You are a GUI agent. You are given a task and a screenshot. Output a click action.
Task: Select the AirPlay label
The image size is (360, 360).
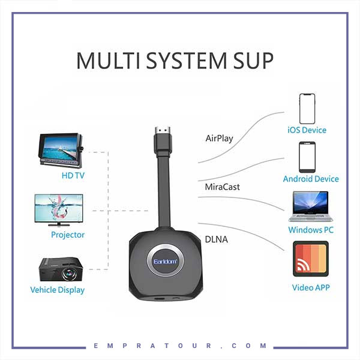pyautogui.click(x=219, y=138)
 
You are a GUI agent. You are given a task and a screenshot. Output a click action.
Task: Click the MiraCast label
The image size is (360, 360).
pyautogui.click(x=222, y=187)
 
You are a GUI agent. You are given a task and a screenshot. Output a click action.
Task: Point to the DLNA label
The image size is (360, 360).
pyautogui.click(x=216, y=240)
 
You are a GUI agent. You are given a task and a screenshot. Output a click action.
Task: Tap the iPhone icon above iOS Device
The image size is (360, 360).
pyautogui.click(x=307, y=108)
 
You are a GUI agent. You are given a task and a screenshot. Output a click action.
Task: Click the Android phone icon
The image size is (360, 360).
pyautogui.click(x=307, y=157)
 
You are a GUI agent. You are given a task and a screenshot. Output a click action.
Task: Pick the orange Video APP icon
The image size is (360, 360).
pyautogui.click(x=310, y=259)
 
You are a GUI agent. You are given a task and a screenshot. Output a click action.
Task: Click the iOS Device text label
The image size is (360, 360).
pyautogui.click(x=307, y=130)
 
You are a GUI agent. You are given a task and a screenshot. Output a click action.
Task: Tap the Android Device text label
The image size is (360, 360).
pyautogui.click(x=311, y=179)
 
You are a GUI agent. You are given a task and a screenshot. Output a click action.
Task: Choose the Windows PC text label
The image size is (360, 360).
pyautogui.click(x=311, y=230)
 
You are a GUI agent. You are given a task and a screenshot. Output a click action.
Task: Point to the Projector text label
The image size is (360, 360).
pyautogui.click(x=68, y=235)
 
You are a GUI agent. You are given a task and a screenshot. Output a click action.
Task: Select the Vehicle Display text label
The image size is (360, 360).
pyautogui.click(x=58, y=290)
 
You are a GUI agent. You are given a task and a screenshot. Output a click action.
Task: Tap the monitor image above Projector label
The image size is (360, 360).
pyautogui.click(x=59, y=209)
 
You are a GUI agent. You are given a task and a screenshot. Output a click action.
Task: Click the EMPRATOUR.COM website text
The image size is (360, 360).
pyautogui.click(x=180, y=346)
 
